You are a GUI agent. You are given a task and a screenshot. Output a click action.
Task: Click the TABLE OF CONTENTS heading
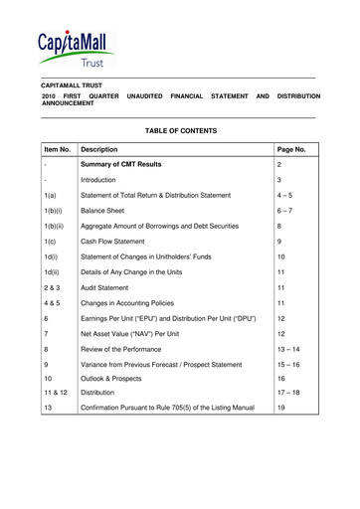tap(180, 130)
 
